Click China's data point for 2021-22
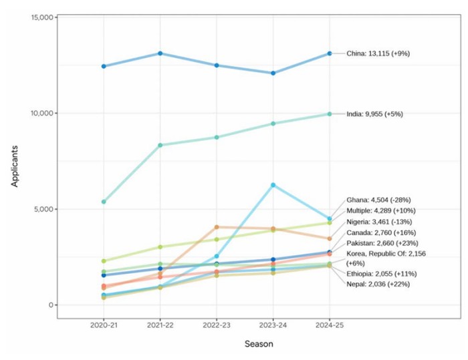160,53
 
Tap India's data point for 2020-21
104,202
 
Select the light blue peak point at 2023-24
273,185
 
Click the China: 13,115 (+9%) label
378,53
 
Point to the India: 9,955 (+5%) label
374,114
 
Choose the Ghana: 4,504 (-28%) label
378,200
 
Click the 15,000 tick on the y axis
42,17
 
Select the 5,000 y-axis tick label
44,209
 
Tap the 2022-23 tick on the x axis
216,325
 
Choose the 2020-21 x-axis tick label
104,325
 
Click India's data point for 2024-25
329,114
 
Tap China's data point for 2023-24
273,73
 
